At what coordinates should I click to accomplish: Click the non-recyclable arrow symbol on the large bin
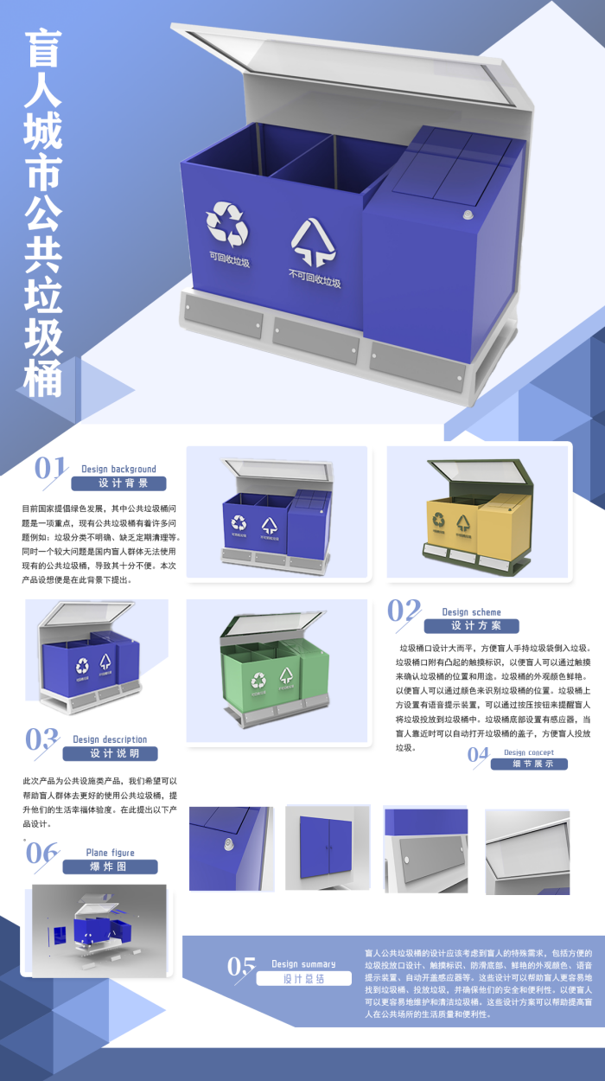click(312, 241)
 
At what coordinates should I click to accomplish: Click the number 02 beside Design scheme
click(404, 611)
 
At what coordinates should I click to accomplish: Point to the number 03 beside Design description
click(41, 739)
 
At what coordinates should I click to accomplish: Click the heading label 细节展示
click(529, 764)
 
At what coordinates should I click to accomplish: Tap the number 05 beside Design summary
click(241, 966)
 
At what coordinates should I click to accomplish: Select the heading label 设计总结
click(304, 979)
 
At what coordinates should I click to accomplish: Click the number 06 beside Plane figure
click(41, 853)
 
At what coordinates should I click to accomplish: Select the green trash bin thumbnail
click(277, 670)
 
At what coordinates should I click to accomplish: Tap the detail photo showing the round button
click(231, 848)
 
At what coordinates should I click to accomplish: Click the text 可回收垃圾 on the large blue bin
click(229, 259)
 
